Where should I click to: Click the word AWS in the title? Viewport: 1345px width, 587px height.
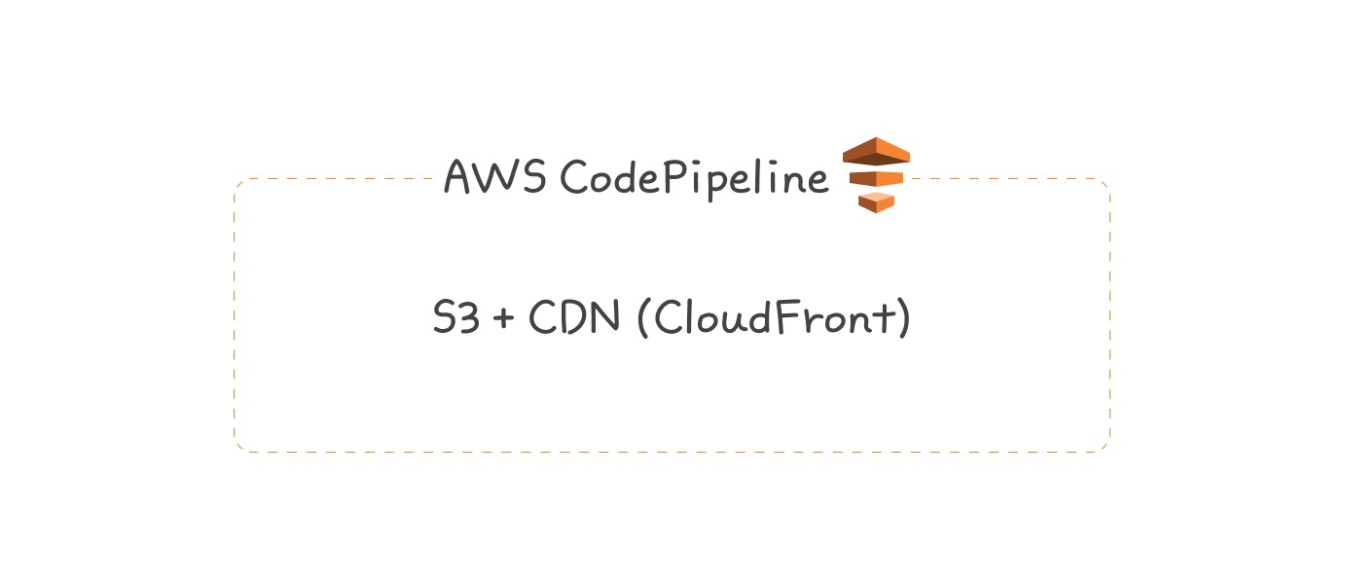pyautogui.click(x=494, y=176)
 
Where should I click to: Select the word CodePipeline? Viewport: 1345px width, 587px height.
pyautogui.click(x=694, y=178)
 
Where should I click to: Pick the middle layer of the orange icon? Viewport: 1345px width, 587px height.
pyautogui.click(x=876, y=179)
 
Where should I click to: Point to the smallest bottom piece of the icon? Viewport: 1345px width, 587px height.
pyautogui.click(x=876, y=202)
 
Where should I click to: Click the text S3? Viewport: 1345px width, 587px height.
pyautogui.click(x=456, y=318)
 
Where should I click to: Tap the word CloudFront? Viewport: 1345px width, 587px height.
pyautogui.click(x=773, y=318)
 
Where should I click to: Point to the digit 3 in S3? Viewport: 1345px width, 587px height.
pyautogui.click(x=469, y=318)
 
